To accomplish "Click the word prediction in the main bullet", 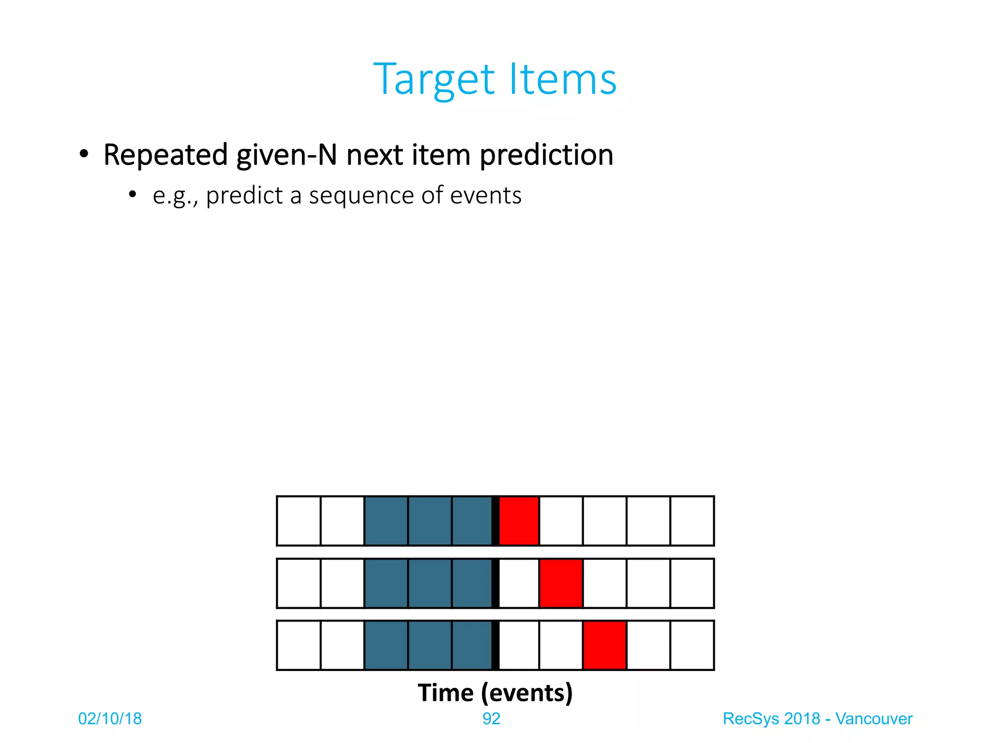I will (x=546, y=155).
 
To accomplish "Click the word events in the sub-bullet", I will (x=486, y=196).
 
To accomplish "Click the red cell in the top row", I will (x=519, y=521).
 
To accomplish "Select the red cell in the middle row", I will (x=561, y=583).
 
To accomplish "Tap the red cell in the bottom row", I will (x=604, y=645).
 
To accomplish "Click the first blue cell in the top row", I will (x=386, y=521).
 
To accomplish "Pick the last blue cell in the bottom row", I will (x=472, y=645).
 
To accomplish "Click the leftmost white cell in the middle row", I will (x=299, y=583).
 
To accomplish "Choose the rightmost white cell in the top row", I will (x=692, y=521).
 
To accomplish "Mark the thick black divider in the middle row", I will (x=495, y=583).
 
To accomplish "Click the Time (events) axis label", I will (x=495, y=693).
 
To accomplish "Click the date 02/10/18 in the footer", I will (x=110, y=719).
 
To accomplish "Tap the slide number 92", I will (x=491, y=719).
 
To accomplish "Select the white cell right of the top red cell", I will (x=561, y=521).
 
